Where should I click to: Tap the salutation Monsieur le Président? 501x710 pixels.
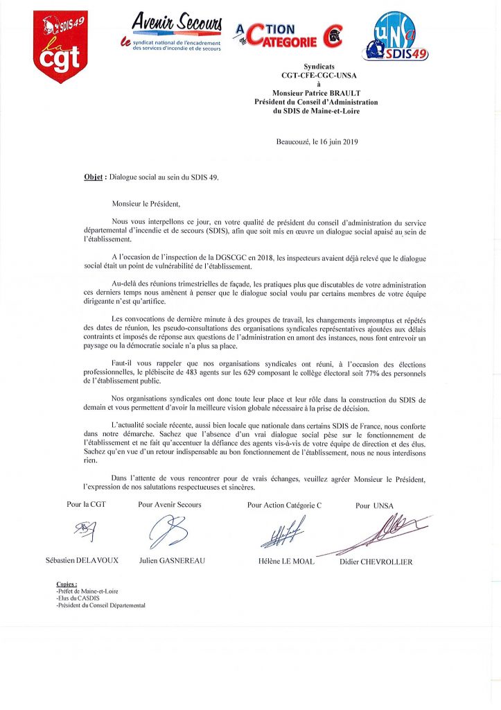tap(146, 204)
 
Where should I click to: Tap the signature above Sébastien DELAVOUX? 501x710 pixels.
tap(85, 532)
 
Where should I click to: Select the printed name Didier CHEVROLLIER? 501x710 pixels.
tap(376, 562)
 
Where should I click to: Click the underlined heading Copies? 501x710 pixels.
tap(67, 584)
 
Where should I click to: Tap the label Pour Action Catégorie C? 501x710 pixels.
tap(284, 505)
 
